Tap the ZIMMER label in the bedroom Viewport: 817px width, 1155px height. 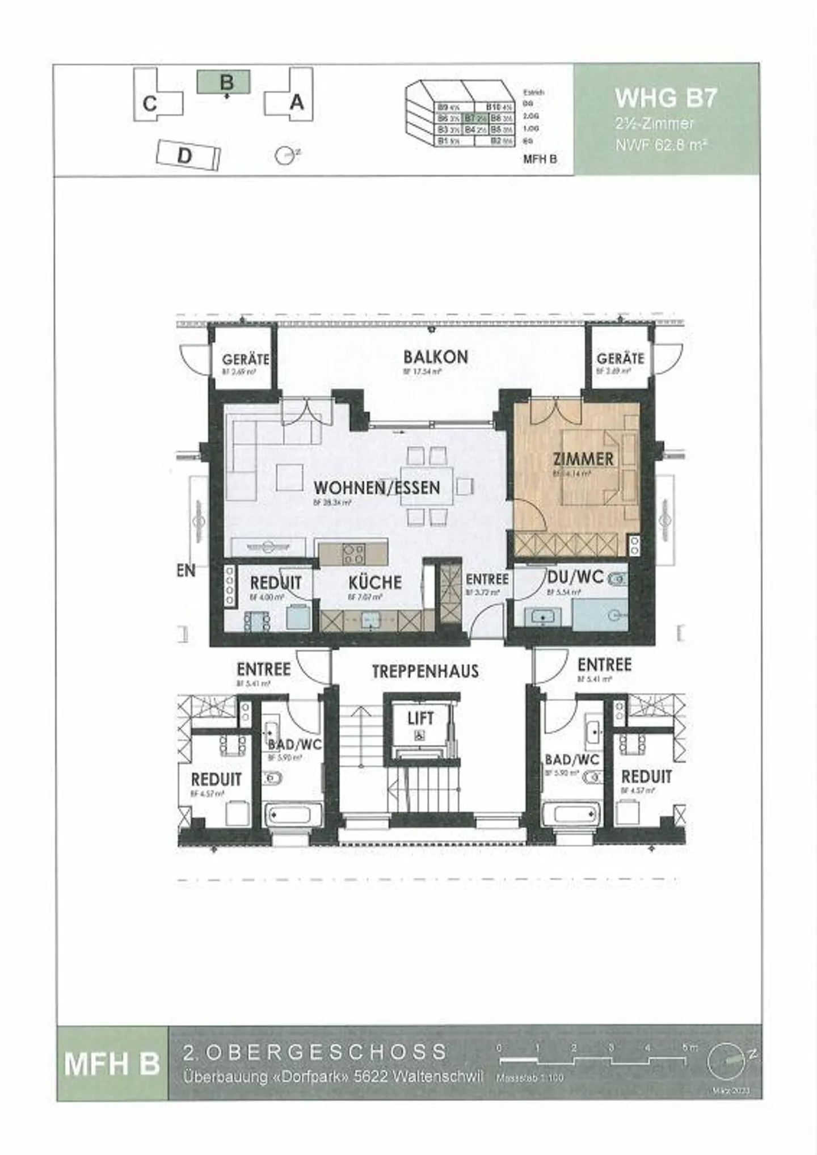(583, 459)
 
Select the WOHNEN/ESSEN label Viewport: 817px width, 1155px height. (377, 488)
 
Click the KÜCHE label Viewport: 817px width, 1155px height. (374, 582)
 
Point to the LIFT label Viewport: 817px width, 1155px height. (420, 719)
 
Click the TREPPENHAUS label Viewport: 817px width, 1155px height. (425, 671)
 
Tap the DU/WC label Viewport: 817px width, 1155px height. (575, 577)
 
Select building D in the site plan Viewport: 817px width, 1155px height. (187, 155)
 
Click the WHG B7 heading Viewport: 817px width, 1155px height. (666, 98)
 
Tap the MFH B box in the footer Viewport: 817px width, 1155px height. (112, 1062)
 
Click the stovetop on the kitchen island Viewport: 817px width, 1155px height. (353, 554)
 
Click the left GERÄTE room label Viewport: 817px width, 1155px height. (245, 359)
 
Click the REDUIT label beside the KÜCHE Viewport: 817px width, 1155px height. (276, 583)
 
